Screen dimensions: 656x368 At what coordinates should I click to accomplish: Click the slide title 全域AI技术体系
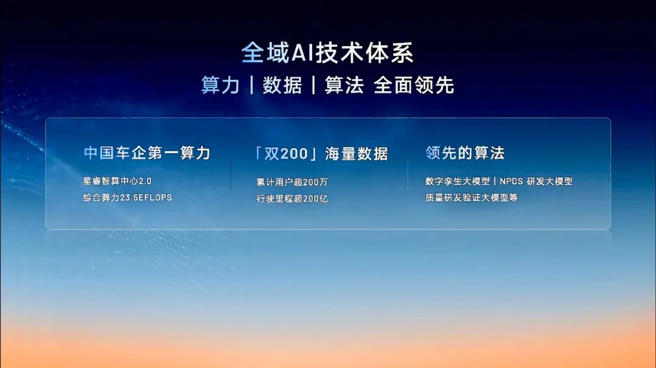(327, 53)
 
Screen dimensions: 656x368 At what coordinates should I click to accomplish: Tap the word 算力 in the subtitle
(220, 85)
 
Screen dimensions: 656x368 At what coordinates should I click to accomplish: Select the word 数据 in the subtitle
(282, 85)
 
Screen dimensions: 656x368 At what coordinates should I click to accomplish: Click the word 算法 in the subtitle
(344, 85)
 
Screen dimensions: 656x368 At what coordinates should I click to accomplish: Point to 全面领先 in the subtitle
(414, 85)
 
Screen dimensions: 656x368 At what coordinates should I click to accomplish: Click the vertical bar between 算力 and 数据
(251, 85)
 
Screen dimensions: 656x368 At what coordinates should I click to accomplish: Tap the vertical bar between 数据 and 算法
(313, 85)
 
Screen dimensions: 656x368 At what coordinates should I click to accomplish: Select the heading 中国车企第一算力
(147, 153)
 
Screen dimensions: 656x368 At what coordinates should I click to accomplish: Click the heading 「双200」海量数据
(321, 154)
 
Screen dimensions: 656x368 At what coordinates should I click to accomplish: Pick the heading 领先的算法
(465, 153)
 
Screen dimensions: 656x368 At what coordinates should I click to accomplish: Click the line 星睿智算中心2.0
(117, 181)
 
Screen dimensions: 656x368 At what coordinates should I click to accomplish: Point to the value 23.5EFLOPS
(146, 197)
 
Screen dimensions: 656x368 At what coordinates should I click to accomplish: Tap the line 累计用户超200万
(292, 182)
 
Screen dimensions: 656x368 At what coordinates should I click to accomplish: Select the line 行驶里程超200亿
(292, 199)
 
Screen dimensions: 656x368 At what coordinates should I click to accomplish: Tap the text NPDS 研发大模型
(536, 181)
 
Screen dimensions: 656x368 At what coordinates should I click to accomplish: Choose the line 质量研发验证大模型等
(471, 197)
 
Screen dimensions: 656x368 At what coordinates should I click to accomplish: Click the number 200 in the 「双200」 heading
(294, 154)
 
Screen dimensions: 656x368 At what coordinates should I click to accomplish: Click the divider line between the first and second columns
(231, 174)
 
